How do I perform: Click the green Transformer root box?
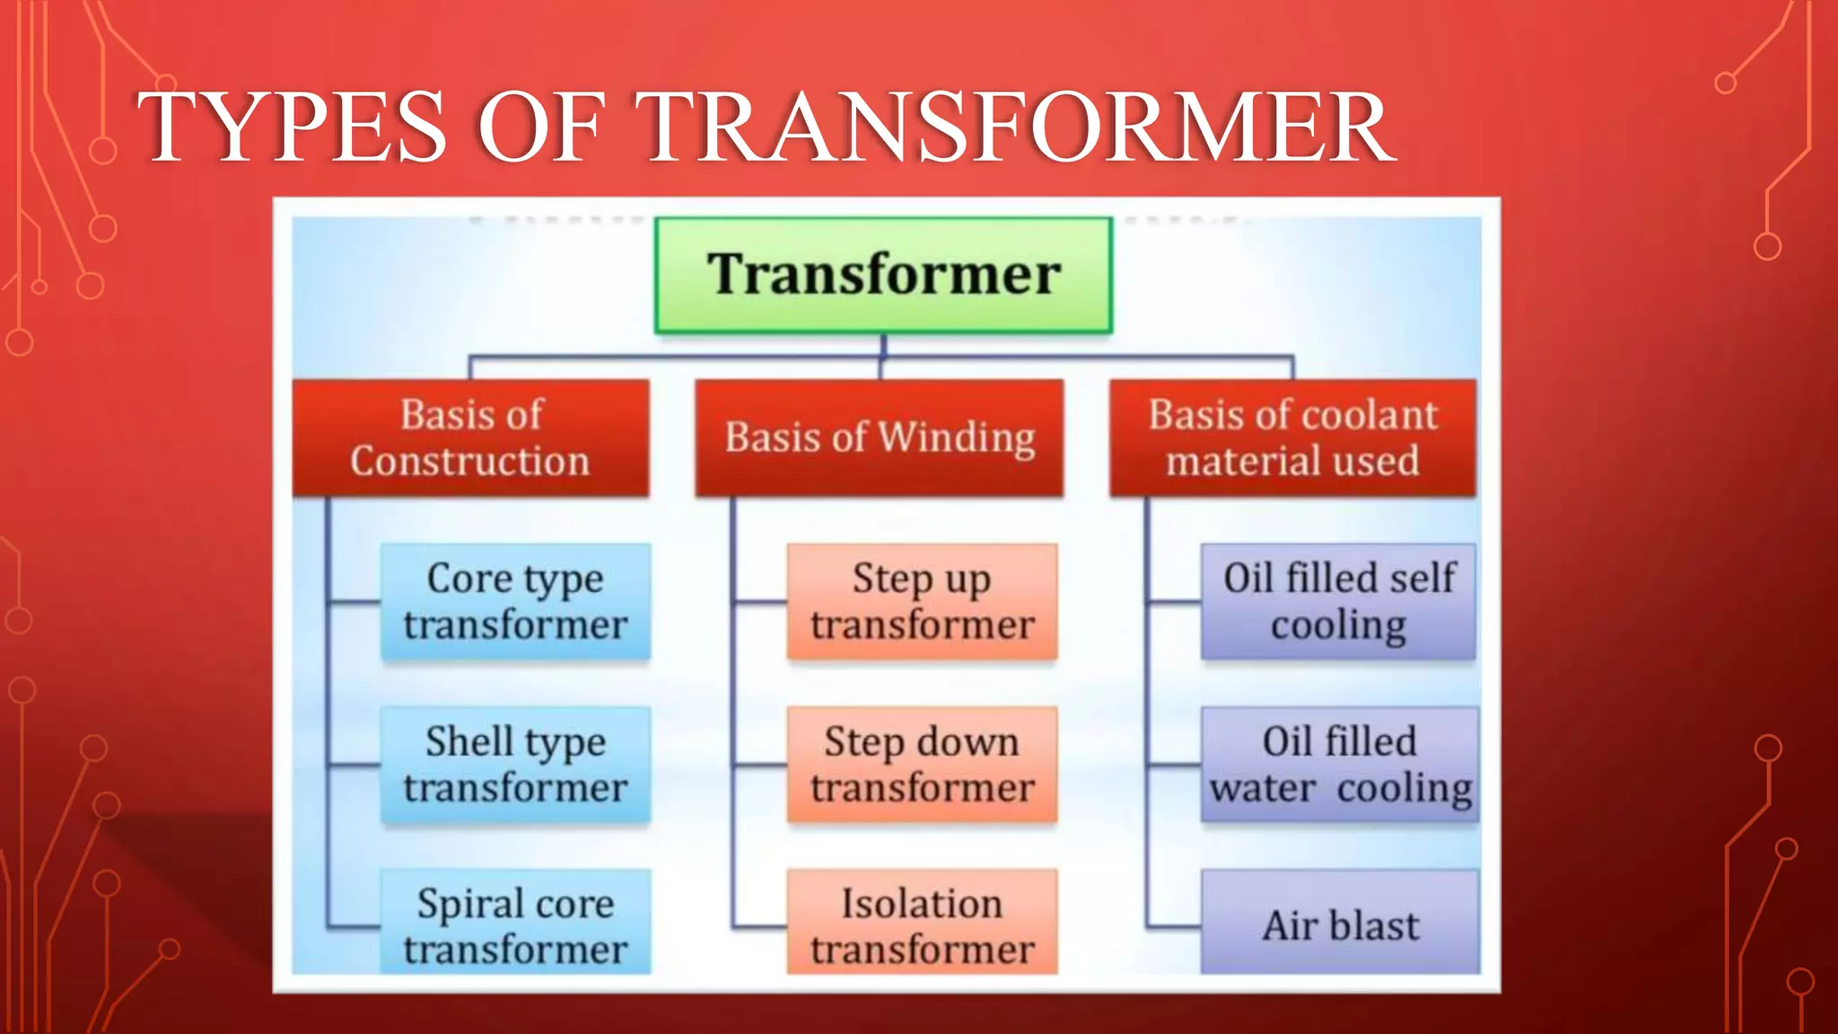tap(883, 276)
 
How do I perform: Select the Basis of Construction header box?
tap(470, 438)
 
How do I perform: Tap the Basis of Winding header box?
tap(880, 438)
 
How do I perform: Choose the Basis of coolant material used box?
tap(1292, 438)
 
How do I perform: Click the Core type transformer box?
tap(515, 601)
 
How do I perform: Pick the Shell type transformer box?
tap(515, 765)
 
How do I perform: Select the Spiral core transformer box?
tap(515, 923)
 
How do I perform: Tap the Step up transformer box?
tap(922, 601)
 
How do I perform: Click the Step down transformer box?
tap(922, 765)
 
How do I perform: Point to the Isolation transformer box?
tap(922, 923)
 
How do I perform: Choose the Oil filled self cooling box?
tap(1338, 601)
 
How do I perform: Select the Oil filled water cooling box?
tap(1340, 765)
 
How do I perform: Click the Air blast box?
tap(1340, 923)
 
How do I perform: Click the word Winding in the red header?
tap(957, 438)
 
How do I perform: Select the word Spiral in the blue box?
tap(468, 903)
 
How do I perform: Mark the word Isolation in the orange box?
tap(922, 903)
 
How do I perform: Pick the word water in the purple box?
tap(1264, 788)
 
